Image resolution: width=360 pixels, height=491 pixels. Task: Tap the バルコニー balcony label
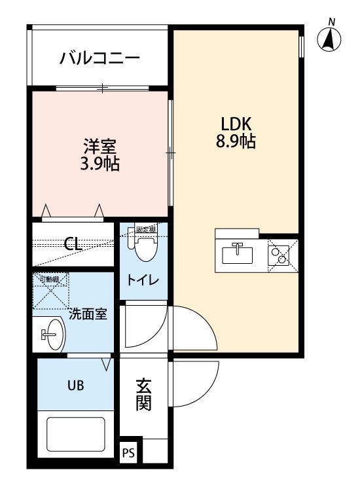(99, 59)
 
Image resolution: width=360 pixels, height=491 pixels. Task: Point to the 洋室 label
(99, 145)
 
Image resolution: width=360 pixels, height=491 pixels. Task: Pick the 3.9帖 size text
(99, 163)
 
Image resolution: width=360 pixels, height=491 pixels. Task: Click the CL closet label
(73, 244)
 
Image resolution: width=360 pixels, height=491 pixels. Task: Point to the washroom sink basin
(51, 335)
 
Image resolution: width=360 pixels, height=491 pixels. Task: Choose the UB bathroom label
(75, 385)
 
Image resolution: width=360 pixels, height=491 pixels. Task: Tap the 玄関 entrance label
(143, 395)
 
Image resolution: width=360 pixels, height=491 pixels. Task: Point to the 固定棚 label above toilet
(145, 229)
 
